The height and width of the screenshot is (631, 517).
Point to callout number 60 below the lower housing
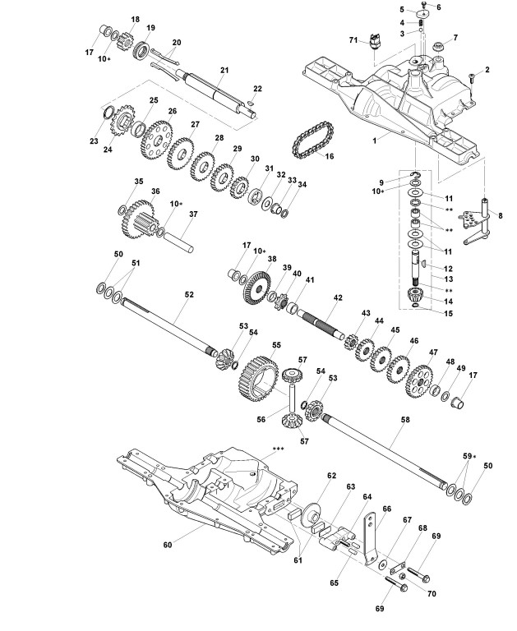(x=168, y=544)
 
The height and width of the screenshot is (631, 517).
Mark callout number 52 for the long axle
(x=190, y=293)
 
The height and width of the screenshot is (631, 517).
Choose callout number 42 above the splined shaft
(x=337, y=297)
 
